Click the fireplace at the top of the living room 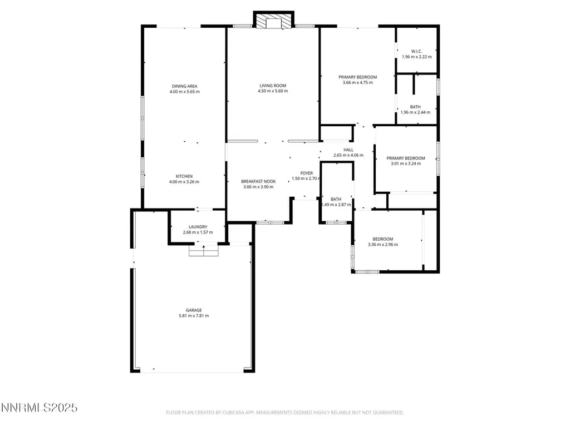pos(273,21)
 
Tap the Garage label pos(194,310)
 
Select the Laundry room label pos(198,227)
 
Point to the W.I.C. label pos(416,52)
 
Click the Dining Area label pos(185,86)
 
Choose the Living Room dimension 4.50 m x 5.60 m pos(273,91)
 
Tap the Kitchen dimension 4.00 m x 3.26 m pos(184,182)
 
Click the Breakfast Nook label pos(258,182)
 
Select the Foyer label pos(307,173)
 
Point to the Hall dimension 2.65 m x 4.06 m pos(348,156)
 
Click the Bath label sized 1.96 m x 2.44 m pos(415,107)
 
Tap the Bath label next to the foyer pos(336,200)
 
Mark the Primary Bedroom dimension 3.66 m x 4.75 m pos(358,83)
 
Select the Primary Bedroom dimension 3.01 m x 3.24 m pos(406,164)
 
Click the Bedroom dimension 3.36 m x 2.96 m pos(383,245)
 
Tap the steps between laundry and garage pos(204,251)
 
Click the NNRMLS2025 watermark pos(40,408)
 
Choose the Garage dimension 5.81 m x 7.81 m pos(194,316)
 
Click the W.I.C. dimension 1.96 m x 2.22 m pos(417,57)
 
